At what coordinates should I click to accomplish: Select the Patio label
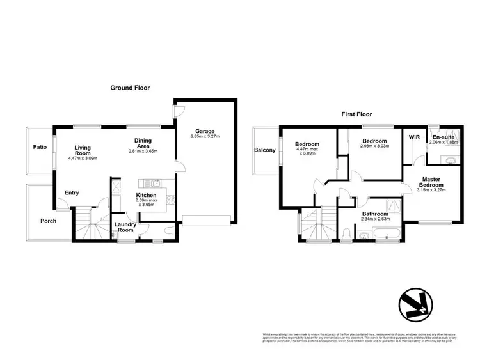40,147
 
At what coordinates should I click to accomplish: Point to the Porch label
49,221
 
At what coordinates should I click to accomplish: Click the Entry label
71,192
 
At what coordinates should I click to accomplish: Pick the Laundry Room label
126,228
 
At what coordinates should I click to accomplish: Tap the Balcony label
265,150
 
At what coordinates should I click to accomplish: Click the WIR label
413,137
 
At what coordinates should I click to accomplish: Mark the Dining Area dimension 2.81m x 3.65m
143,151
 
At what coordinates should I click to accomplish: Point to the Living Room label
83,150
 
